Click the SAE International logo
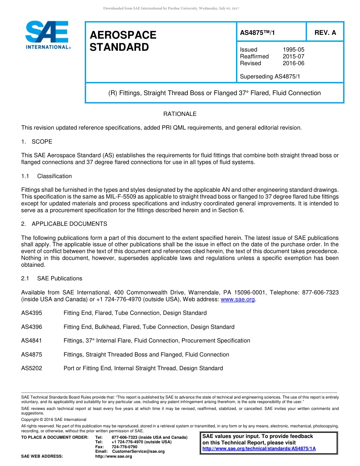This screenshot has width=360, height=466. pos(47,34)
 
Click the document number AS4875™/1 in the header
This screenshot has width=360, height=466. pos(257,33)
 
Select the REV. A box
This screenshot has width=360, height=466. pos(325,33)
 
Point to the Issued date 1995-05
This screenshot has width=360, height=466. pos(293,50)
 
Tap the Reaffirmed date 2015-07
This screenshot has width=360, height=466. pos(293,56)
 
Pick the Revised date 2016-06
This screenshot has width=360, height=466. pos(293,63)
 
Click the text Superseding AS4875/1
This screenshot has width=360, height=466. pos(270,77)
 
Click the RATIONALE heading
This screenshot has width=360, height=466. pos(180,114)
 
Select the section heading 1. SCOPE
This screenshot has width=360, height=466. pos(37,142)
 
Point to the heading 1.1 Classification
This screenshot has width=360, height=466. pos(47,176)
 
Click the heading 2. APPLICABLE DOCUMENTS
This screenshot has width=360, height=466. pos(64,224)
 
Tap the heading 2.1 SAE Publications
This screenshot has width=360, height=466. pos(52,278)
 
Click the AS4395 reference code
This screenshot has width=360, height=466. pos(31,313)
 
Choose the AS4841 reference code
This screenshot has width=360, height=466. pos(31,341)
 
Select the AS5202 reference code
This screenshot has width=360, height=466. pos(31,368)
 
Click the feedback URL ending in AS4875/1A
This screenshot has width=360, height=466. pos(259,449)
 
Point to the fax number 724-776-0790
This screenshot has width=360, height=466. pos(124,447)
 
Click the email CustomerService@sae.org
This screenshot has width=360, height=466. pos(138,452)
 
